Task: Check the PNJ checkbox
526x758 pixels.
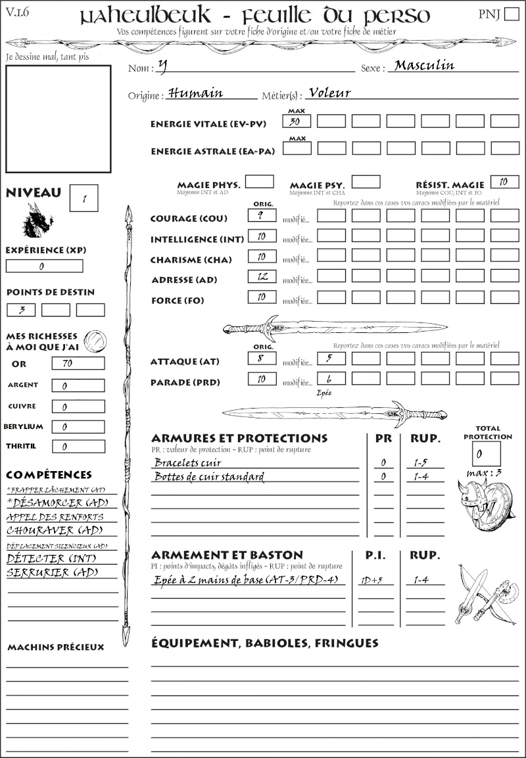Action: (510, 14)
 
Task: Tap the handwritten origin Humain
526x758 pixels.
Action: (196, 93)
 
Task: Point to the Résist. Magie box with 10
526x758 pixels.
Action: (504, 182)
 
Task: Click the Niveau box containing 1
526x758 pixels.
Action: (84, 197)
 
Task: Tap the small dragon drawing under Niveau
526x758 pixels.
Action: (37, 220)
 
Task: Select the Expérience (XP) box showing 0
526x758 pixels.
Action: (44, 266)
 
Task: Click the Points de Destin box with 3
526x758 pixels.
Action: (21, 310)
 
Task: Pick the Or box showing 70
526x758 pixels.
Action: (78, 363)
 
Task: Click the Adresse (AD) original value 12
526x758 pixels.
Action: (262, 276)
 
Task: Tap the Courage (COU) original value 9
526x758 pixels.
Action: (262, 215)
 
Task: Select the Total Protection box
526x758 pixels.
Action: (487, 453)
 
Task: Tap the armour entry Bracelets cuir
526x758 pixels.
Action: (187, 463)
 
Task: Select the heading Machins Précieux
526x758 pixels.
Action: (56, 647)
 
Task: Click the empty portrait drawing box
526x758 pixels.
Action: (58, 118)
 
